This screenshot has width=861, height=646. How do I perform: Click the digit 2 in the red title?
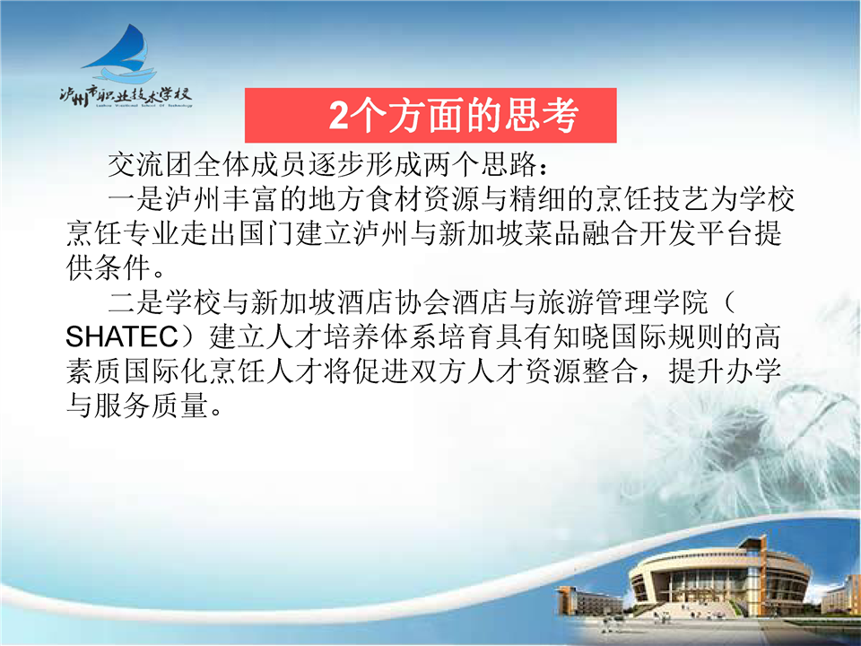[x=339, y=116]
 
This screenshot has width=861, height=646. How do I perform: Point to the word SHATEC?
[x=122, y=336]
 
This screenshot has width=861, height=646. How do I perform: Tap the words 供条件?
[x=109, y=267]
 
